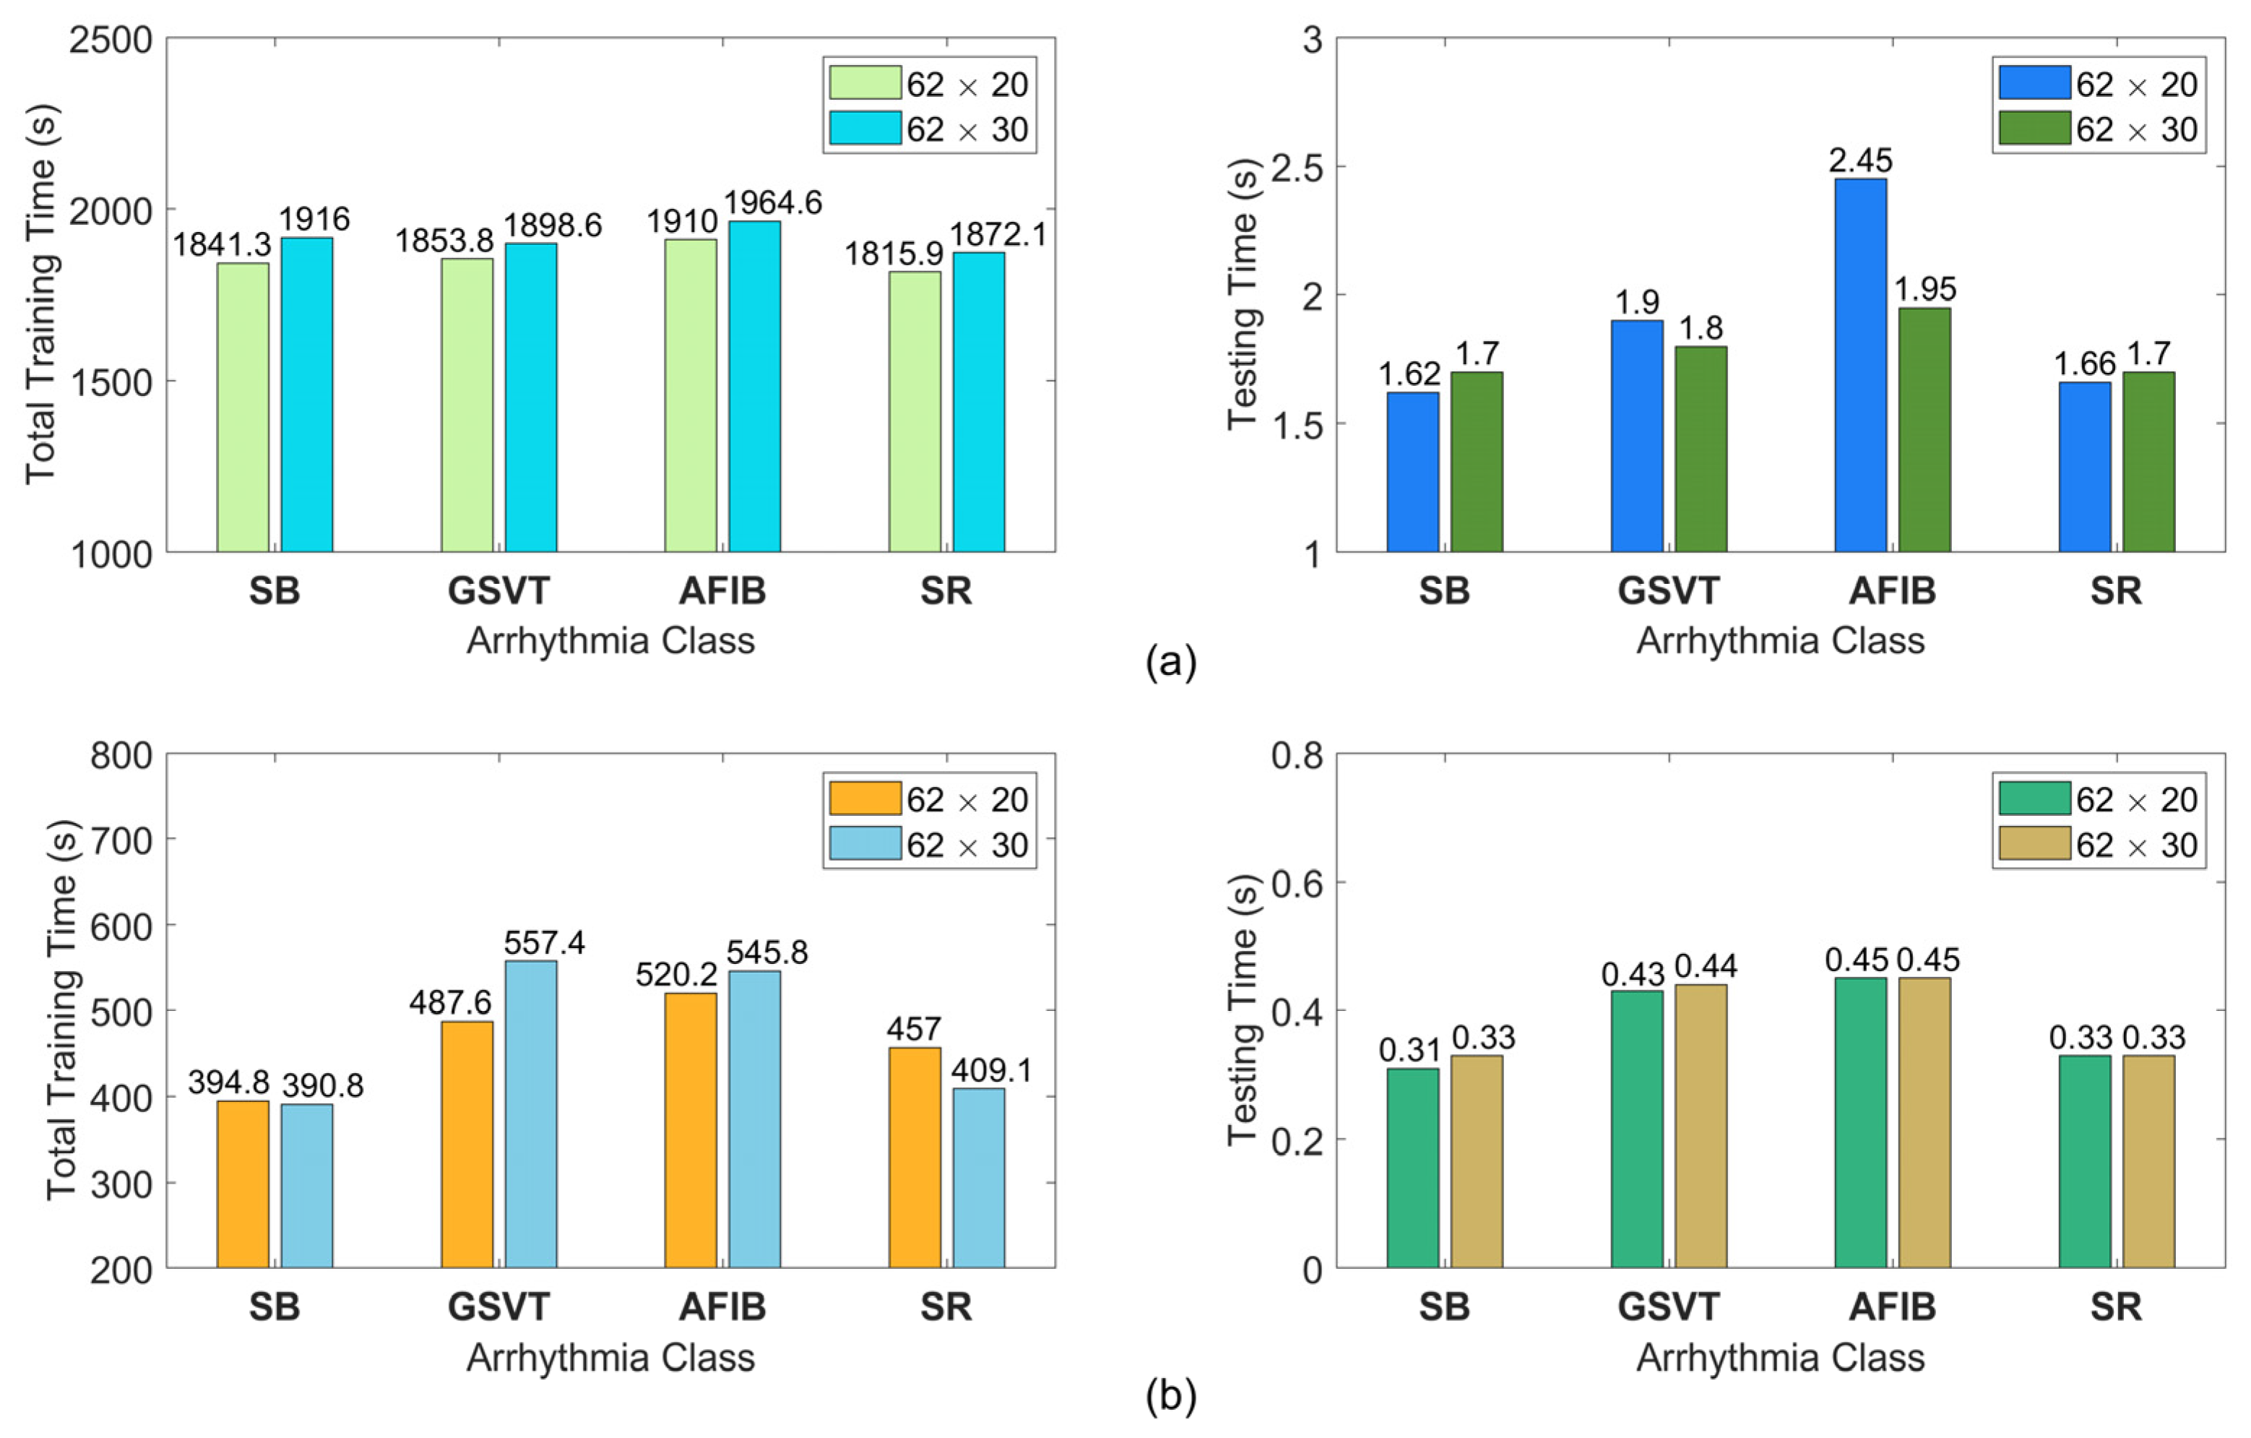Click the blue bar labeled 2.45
click(x=1860, y=365)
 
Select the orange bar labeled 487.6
click(x=467, y=1145)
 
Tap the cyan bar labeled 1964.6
click(x=754, y=386)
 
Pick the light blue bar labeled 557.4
click(x=531, y=1114)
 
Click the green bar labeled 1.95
click(x=1924, y=430)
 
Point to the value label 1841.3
click(x=222, y=245)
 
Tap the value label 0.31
click(x=1409, y=1051)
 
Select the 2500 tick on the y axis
click(x=111, y=40)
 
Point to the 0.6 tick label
click(x=1297, y=882)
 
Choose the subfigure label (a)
click(x=1170, y=662)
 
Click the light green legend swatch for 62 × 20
click(x=865, y=82)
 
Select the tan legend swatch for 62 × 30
click(x=2035, y=843)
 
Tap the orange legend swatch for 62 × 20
click(x=865, y=798)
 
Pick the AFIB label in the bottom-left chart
click(x=722, y=1307)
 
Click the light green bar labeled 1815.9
click(x=915, y=411)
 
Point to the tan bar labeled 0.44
click(x=1701, y=1127)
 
